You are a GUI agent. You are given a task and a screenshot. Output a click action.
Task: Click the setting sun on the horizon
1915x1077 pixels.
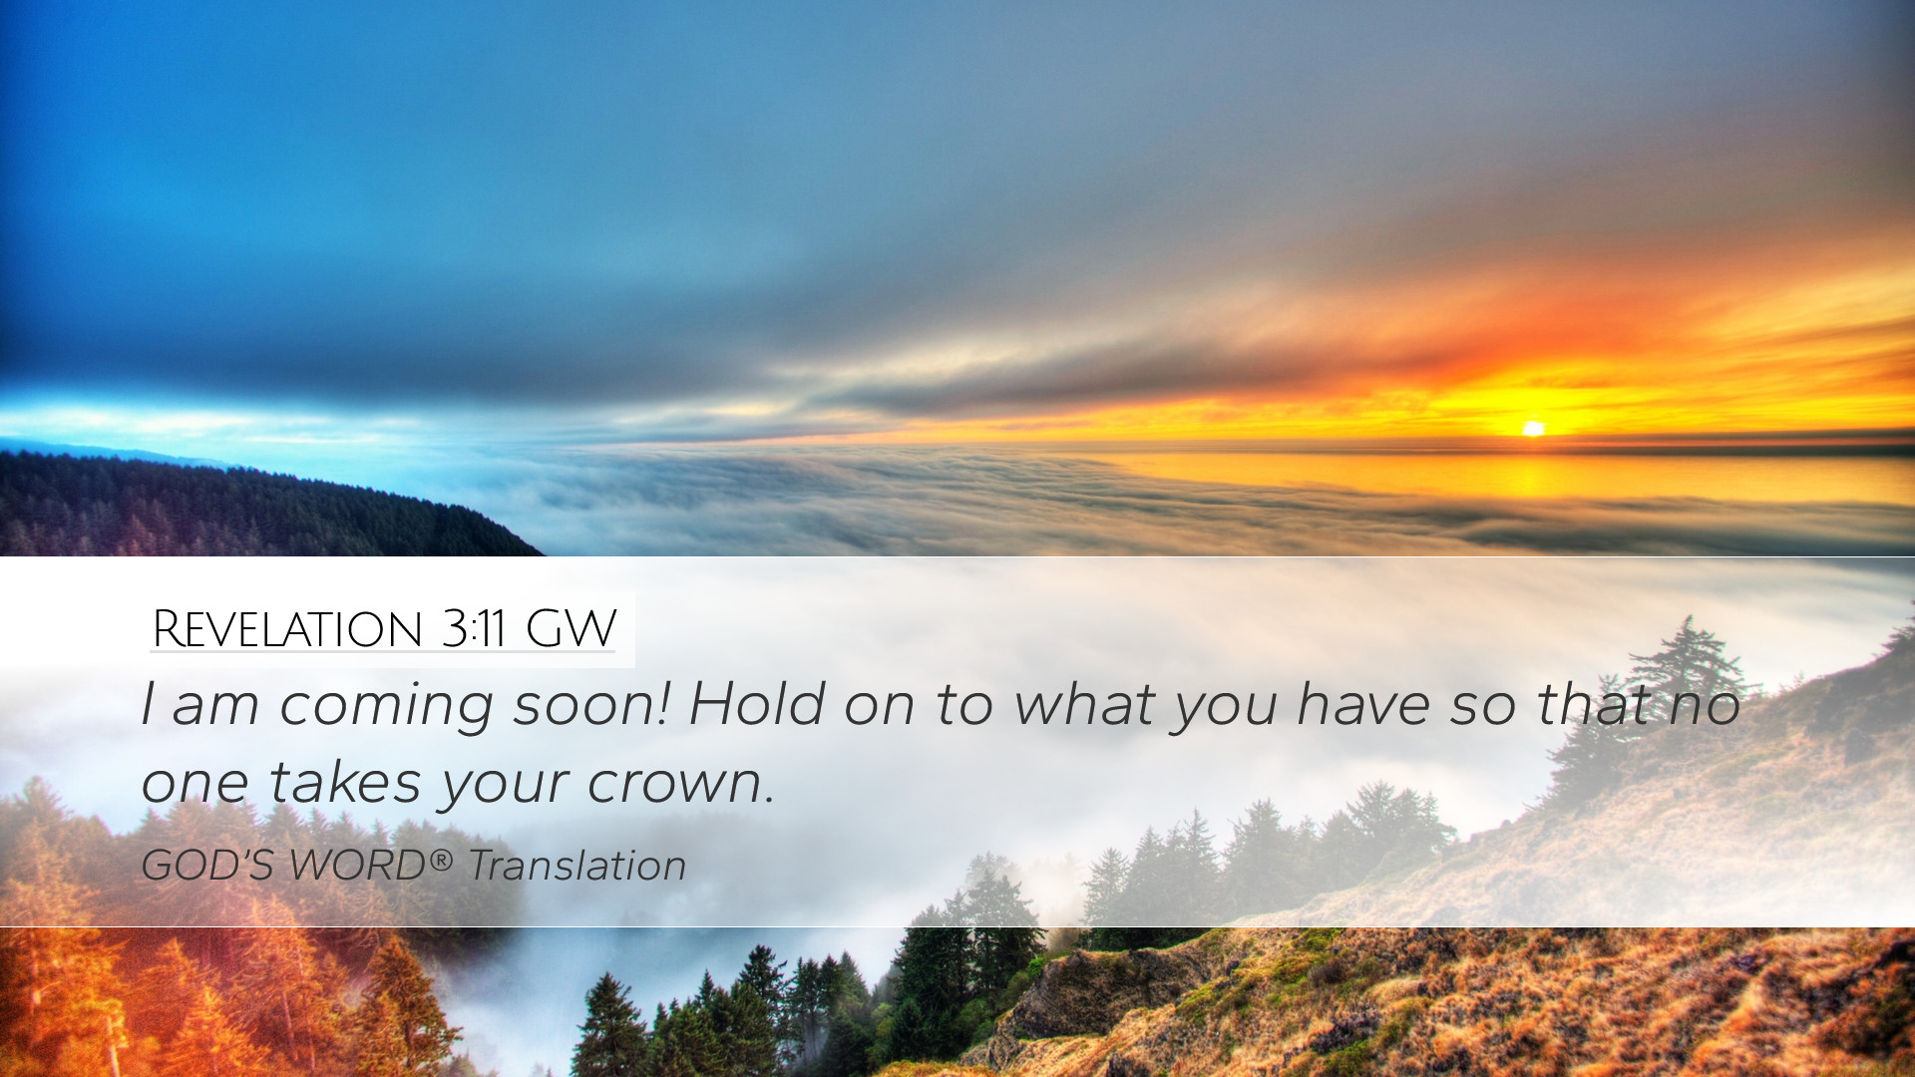click(x=1533, y=429)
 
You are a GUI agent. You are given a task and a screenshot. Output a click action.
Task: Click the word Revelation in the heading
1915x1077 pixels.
click(x=287, y=629)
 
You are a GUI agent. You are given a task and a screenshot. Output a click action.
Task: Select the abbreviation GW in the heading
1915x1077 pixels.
click(x=571, y=629)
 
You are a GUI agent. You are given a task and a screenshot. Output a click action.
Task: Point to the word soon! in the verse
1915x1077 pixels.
click(x=590, y=704)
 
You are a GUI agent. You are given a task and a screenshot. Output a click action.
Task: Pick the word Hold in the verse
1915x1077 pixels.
click(x=757, y=703)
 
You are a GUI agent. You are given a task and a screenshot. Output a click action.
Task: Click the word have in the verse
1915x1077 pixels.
click(x=1363, y=704)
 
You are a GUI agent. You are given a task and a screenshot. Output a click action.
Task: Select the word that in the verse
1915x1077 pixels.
click(x=1594, y=704)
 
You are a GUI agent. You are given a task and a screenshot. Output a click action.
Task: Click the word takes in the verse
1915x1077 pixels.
click(x=345, y=782)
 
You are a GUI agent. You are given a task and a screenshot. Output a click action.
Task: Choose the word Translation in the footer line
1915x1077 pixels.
click(x=577, y=865)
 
